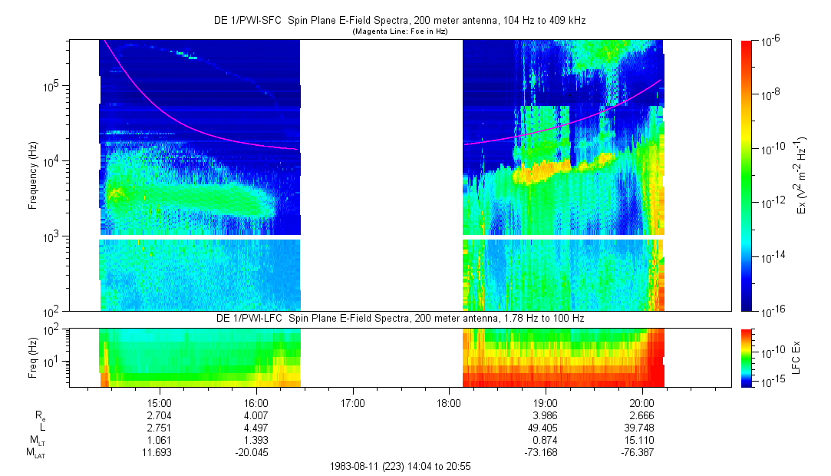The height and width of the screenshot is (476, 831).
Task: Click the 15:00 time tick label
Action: point(159,402)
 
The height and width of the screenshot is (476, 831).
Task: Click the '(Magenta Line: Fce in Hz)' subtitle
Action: point(399,31)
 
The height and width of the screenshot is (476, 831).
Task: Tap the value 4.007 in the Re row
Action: point(256,415)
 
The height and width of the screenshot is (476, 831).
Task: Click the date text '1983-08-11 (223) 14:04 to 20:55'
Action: point(399,466)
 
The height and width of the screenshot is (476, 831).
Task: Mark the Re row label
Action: point(40,415)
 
